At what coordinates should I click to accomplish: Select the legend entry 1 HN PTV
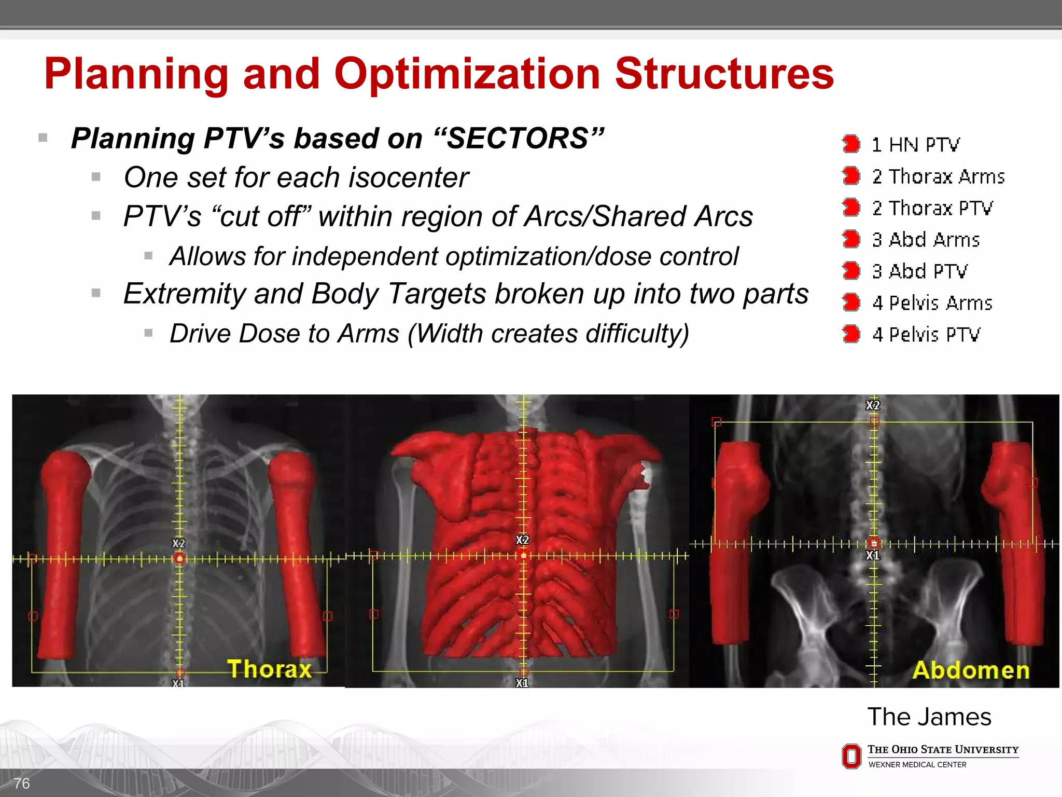coord(915,145)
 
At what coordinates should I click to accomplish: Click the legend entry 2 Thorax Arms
coord(938,176)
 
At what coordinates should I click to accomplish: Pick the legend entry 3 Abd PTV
coord(919,271)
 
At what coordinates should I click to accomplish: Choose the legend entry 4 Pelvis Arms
coord(932,303)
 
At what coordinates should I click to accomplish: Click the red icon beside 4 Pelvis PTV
coord(851,334)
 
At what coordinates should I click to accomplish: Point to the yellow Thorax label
coord(269,669)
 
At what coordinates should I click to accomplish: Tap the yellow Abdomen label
coord(971,670)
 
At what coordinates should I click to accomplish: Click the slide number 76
coord(22,783)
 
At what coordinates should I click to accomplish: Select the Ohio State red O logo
coord(851,756)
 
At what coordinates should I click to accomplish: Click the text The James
coord(929,717)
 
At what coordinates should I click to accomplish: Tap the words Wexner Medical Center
coord(917,765)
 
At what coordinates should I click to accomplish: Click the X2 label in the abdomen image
coord(873,405)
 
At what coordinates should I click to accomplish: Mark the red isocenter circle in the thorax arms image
coord(179,558)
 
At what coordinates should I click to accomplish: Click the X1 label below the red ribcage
coord(522,683)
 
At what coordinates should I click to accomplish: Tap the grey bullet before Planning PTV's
coord(43,138)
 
